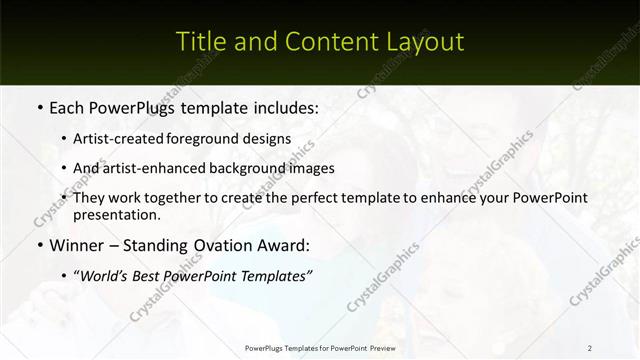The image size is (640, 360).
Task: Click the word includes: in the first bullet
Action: pos(283,107)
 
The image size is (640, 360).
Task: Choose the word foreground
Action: pos(214,139)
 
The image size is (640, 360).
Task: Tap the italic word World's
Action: pos(107,275)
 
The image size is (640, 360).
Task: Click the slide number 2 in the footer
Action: pos(590,348)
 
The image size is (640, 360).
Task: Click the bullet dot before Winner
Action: pos(39,244)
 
